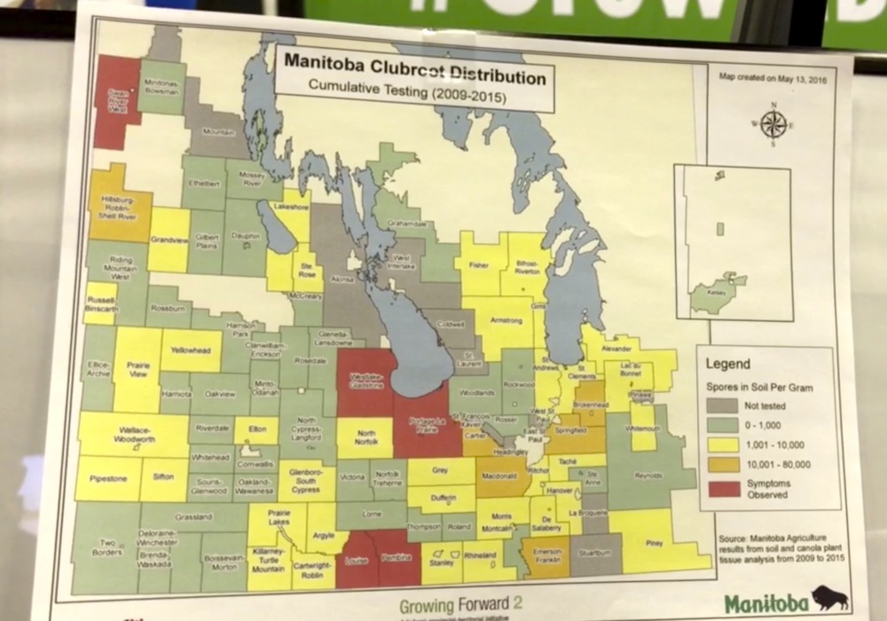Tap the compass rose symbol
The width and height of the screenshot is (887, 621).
[773, 123]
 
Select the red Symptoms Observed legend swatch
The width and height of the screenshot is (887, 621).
[724, 488]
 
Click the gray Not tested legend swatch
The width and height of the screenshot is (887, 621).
[724, 405]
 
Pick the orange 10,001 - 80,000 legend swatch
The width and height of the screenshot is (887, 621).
[724, 462]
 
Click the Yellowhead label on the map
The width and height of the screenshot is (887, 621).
[192, 350]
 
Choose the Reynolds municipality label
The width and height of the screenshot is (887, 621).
[648, 476]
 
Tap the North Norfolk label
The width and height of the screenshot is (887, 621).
[365, 437]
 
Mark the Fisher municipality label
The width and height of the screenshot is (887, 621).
[479, 264]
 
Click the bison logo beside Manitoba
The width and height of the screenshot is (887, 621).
[829, 599]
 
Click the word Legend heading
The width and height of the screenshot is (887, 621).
[727, 363]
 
